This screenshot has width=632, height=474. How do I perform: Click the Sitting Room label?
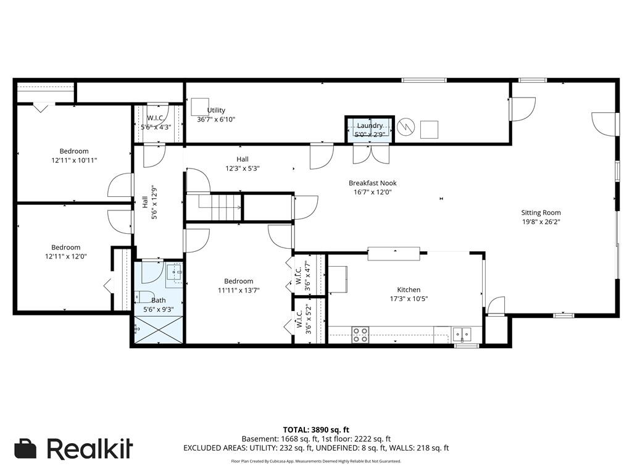(x=541, y=213)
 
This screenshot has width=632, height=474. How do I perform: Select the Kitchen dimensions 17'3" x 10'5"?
(x=408, y=299)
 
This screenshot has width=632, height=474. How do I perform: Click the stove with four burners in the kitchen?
(x=360, y=335)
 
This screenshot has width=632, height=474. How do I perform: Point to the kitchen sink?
(x=462, y=335)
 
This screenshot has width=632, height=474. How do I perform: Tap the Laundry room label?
(x=370, y=126)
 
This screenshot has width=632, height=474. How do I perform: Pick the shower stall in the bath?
(x=159, y=330)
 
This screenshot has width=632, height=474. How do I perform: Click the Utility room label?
(x=216, y=110)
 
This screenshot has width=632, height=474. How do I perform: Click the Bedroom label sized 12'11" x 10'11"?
(x=74, y=151)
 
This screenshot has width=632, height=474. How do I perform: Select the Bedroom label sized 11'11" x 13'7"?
(x=238, y=281)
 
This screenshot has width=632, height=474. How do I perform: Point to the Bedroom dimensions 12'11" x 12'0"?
(x=65, y=256)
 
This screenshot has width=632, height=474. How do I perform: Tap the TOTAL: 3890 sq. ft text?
(x=316, y=430)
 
